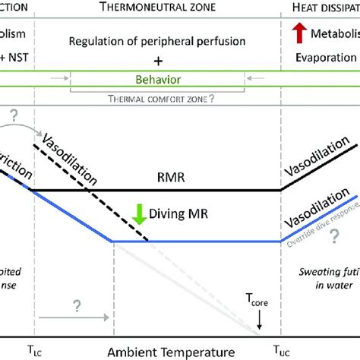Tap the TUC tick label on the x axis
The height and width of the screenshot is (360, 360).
pyautogui.click(x=282, y=352)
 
